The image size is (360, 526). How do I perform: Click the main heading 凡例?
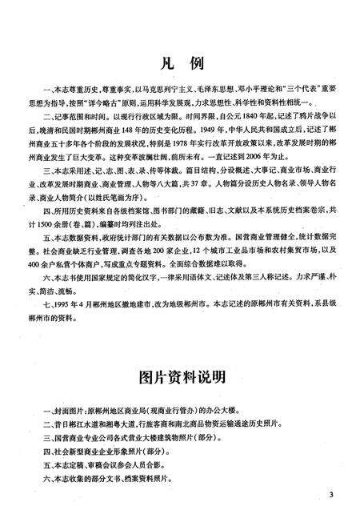(x=180, y=63)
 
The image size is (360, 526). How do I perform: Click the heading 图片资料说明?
(x=180, y=374)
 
